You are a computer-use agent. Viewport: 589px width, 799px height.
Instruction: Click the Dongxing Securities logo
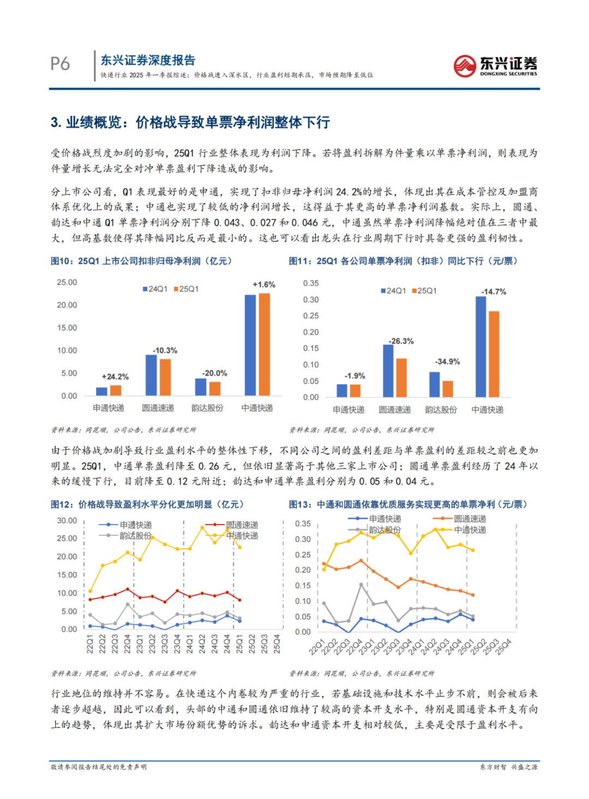tap(495, 65)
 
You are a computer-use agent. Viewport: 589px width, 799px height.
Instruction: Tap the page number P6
tap(60, 64)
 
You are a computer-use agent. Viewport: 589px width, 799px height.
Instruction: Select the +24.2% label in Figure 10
tap(115, 377)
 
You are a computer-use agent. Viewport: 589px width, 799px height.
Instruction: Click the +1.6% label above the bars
tap(264, 285)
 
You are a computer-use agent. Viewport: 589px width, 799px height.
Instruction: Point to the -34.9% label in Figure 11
tap(447, 362)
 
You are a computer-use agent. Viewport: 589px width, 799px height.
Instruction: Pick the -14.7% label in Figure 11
tap(494, 292)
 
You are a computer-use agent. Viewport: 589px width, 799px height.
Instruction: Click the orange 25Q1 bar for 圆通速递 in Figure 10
tap(165, 377)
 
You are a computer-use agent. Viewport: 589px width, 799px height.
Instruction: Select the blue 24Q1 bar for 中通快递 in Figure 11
tap(480, 347)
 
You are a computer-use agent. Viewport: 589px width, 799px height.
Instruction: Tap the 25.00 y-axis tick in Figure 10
tap(67, 283)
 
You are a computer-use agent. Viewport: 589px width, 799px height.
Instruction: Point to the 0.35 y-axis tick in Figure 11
tap(311, 283)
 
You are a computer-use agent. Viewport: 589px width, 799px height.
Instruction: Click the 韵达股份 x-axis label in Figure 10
tap(207, 408)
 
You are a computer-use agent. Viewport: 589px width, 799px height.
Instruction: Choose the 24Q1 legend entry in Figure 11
tap(394, 291)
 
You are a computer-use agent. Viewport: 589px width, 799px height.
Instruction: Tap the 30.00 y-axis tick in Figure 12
tap(67, 521)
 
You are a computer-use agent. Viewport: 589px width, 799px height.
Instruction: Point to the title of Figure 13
tap(408, 504)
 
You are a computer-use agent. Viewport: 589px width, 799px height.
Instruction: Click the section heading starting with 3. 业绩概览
tap(190, 122)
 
